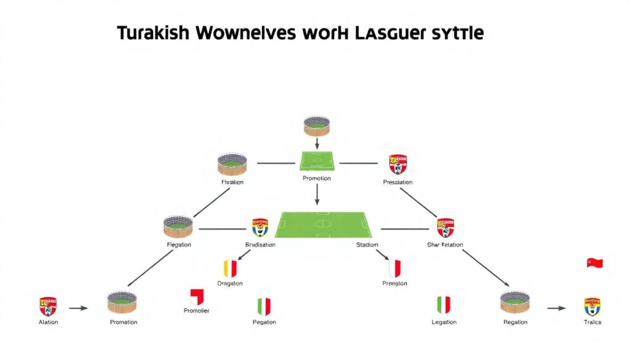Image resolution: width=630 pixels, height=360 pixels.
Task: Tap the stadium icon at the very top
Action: pos(317,125)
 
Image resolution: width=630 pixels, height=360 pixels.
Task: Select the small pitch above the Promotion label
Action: pos(317,161)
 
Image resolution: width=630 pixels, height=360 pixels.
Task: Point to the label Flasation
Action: pos(232,182)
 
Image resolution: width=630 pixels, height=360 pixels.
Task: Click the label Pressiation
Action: pos(397,182)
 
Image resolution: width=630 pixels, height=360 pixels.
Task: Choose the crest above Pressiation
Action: pos(398,164)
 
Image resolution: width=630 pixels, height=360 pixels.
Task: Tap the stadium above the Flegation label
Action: pos(178,226)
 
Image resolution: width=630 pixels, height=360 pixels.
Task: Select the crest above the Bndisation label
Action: pos(260,227)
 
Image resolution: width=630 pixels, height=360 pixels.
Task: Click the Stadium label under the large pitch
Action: pos(367,245)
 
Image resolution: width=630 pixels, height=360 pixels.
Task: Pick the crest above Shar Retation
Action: pos(445,227)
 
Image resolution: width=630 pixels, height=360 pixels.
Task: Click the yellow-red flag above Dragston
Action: pos(229,268)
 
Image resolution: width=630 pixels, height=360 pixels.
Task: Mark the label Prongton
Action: pos(395,284)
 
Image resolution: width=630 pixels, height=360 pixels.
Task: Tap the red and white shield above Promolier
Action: pos(197,297)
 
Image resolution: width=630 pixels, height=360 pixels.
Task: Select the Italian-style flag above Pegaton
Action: pos(264,306)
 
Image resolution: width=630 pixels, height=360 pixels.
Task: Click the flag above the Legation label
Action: pos(444,305)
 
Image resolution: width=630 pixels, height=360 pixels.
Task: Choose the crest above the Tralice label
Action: pos(592,306)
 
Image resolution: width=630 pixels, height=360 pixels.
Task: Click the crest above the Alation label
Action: pos(48,306)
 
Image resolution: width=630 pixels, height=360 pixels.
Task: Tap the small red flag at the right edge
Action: pos(594,263)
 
